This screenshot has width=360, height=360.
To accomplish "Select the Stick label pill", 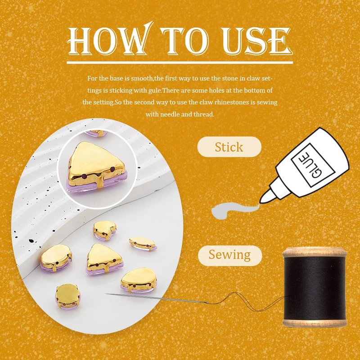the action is tap(229, 147).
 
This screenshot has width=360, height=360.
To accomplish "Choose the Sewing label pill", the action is tap(230, 256).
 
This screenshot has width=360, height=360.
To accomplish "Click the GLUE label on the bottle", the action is tap(312, 165).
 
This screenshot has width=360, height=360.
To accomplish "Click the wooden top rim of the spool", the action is tap(315, 252).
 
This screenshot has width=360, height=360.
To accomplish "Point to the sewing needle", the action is tap(156, 298).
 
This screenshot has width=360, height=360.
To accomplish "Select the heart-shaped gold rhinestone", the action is tap(105, 230).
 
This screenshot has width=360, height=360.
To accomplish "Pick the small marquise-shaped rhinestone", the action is tap(143, 243).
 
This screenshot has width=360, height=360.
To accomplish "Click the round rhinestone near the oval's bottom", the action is tap(67, 296).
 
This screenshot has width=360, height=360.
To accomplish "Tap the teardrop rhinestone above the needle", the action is tap(139, 280).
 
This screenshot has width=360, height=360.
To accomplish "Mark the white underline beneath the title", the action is tap(180, 63).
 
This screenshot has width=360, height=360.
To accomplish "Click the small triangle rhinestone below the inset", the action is tap(105, 259).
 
